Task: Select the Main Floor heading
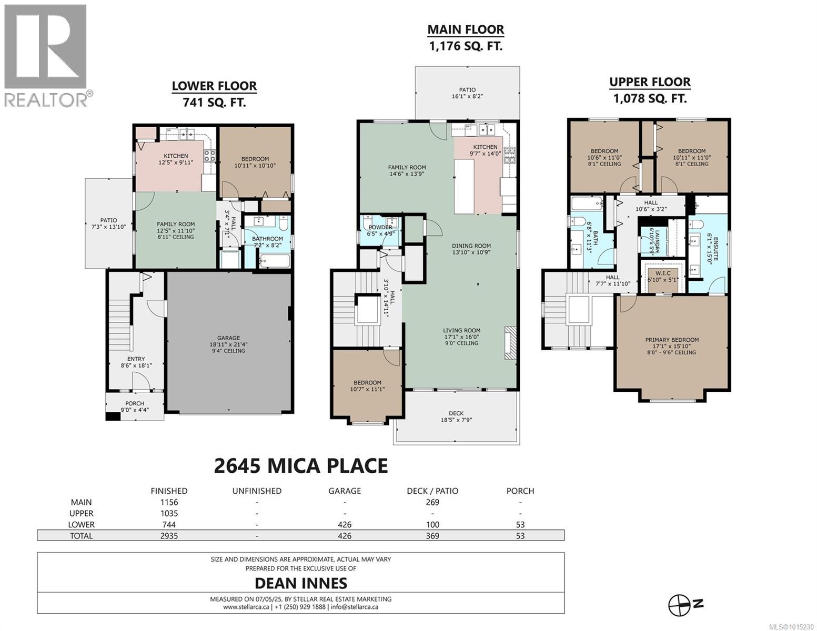(465, 30)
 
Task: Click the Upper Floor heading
(650, 82)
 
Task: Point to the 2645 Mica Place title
(301, 465)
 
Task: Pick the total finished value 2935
(169, 536)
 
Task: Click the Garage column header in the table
(345, 491)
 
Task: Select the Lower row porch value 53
(520, 524)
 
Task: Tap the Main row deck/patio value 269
(432, 502)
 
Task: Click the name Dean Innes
(301, 583)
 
